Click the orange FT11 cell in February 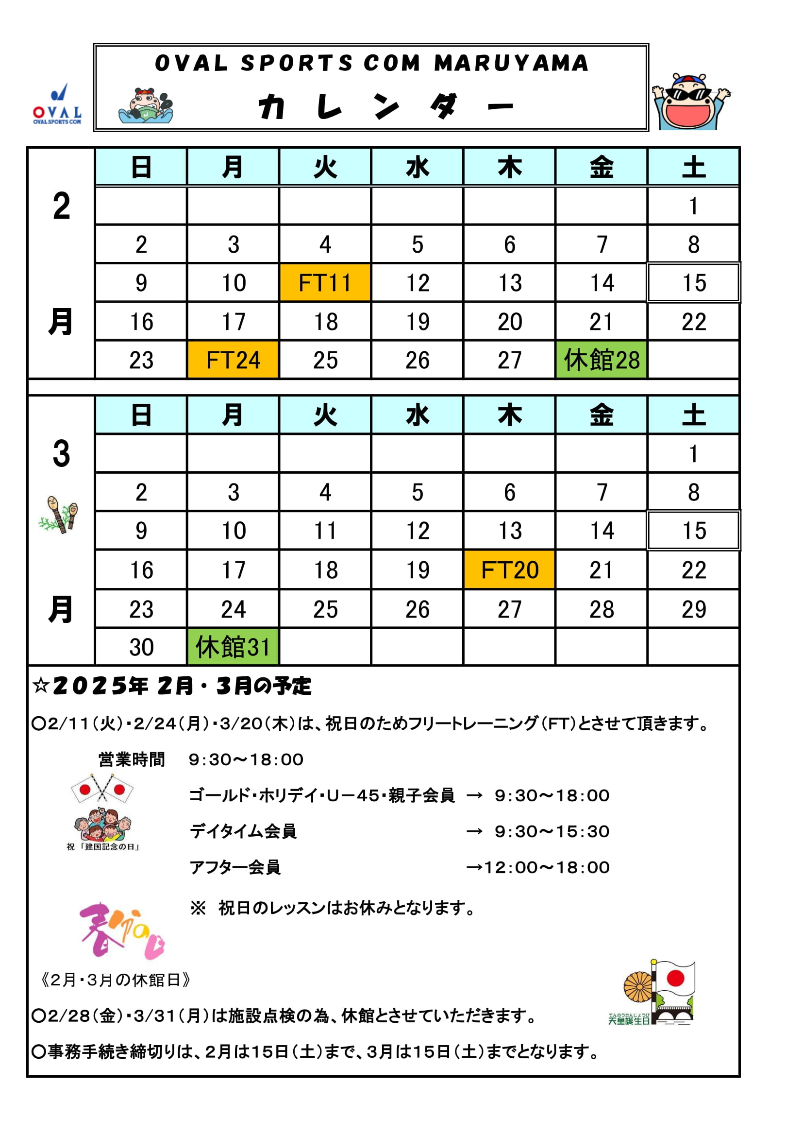tap(325, 282)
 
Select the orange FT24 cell tap(233, 360)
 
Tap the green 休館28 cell tap(601, 360)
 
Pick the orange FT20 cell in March tap(509, 569)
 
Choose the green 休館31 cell tap(233, 647)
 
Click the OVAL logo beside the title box tap(57, 105)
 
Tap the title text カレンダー tap(385, 106)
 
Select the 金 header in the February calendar tap(601, 167)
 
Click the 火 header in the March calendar tap(325, 414)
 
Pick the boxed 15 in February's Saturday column tap(693, 282)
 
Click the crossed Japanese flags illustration tap(102, 788)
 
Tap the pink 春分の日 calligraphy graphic tap(122, 930)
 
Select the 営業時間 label tap(132, 759)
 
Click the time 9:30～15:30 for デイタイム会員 tap(552, 831)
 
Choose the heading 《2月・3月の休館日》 tap(116, 980)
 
